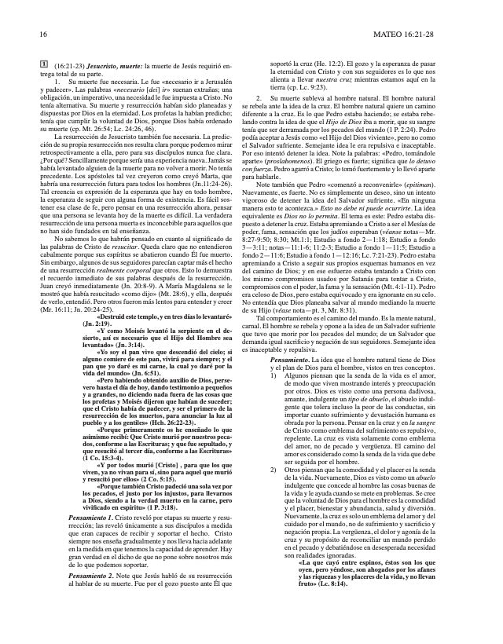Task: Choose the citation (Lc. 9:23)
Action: point(324,89)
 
